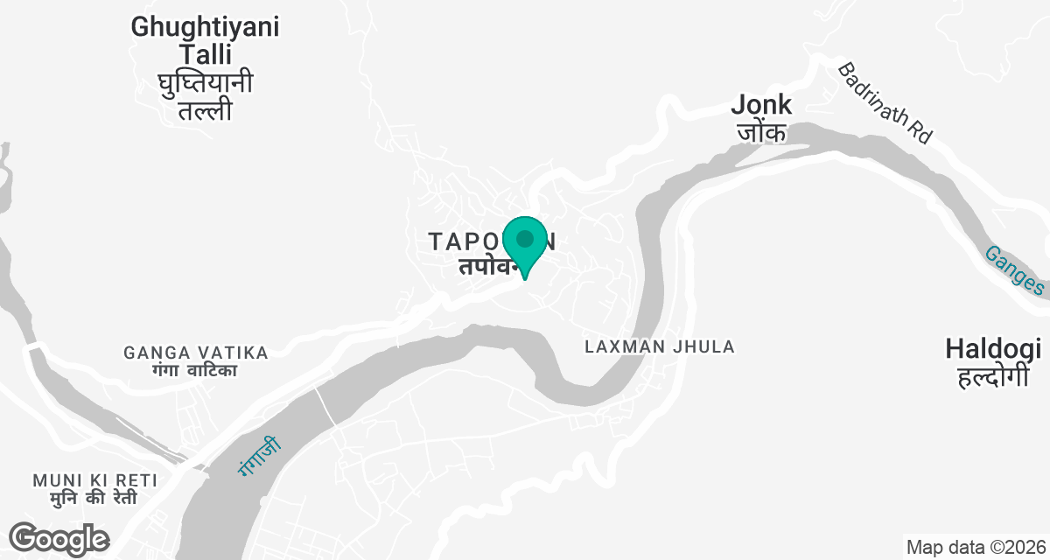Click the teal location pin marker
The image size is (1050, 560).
(x=525, y=241)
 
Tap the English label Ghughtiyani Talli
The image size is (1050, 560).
(x=206, y=40)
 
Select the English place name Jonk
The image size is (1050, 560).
(x=761, y=105)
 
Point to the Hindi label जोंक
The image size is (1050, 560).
(x=761, y=132)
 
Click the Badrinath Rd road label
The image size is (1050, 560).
(x=885, y=102)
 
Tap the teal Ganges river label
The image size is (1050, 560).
(x=1014, y=270)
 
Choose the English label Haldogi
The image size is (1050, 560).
(x=993, y=350)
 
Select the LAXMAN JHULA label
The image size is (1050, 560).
(x=660, y=347)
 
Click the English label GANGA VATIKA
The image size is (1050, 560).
(x=196, y=353)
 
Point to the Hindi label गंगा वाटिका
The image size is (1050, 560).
(x=193, y=371)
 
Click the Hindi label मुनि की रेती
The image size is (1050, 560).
(x=94, y=499)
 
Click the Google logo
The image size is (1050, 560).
(x=59, y=538)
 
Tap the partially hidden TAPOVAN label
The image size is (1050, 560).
(x=464, y=241)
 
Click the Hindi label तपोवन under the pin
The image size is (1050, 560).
(x=486, y=266)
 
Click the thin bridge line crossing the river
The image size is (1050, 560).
(x=325, y=407)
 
